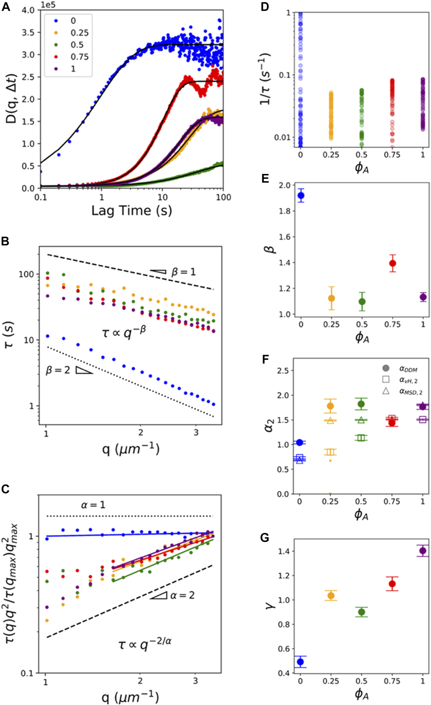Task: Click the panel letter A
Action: (6, 7)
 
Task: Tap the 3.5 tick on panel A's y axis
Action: (28, 32)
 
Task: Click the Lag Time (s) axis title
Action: (131, 210)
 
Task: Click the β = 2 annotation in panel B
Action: (58, 370)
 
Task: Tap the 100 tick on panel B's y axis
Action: (26, 274)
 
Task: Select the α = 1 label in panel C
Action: (93, 504)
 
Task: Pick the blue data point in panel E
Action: (301, 196)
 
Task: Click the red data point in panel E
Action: (393, 263)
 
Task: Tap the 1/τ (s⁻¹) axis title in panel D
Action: (265, 79)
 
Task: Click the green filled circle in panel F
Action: (361, 404)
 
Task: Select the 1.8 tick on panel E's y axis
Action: (284, 211)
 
